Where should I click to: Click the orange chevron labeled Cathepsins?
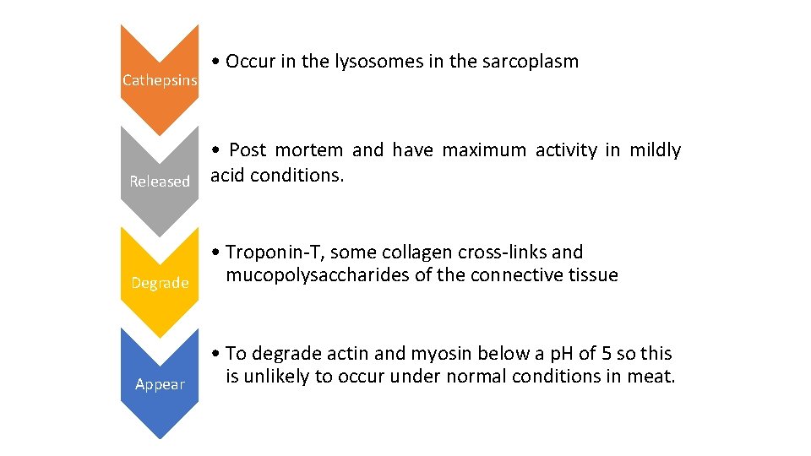(x=160, y=80)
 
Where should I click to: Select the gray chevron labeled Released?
(x=160, y=181)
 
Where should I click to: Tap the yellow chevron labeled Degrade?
(x=160, y=282)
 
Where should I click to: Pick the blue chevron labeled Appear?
(x=160, y=384)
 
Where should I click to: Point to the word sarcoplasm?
(x=530, y=62)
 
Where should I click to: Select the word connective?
(x=520, y=275)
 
